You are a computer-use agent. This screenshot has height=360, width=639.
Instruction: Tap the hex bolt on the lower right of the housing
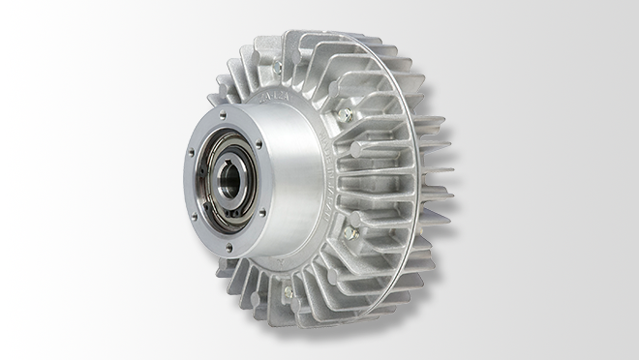coord(350,233)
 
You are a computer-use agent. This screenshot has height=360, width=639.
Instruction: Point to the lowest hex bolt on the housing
coord(288,291)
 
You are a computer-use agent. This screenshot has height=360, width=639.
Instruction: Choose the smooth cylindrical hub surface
coord(290,174)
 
